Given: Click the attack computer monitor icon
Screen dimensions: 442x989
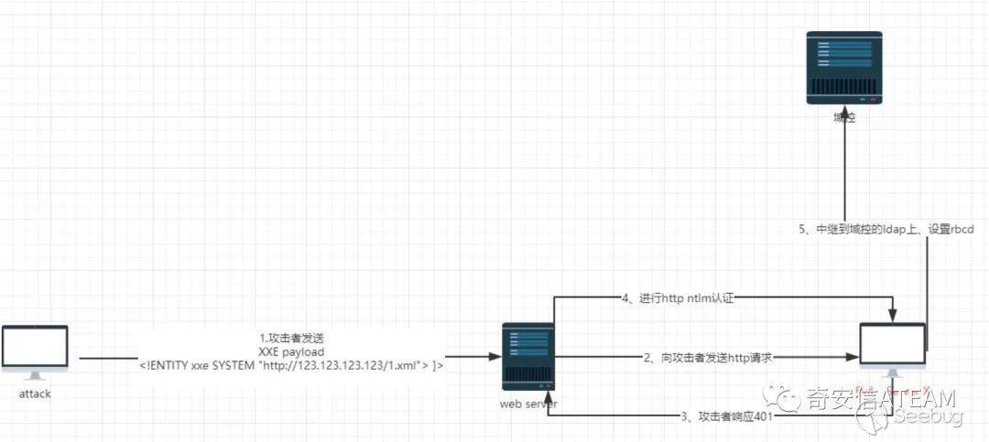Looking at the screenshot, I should click(35, 349).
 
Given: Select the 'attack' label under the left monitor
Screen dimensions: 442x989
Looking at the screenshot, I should click(35, 393).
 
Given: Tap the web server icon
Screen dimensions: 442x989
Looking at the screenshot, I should click(527, 355).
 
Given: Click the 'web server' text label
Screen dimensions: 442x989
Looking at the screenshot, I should click(529, 403).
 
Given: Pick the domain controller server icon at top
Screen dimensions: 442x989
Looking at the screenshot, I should click(843, 67).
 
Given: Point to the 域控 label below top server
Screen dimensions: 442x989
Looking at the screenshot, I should click(843, 118).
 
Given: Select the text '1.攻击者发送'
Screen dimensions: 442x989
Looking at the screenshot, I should click(291, 339).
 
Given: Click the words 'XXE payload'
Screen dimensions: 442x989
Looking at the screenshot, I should click(291, 351).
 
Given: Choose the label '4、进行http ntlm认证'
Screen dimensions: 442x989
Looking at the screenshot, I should click(679, 298).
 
